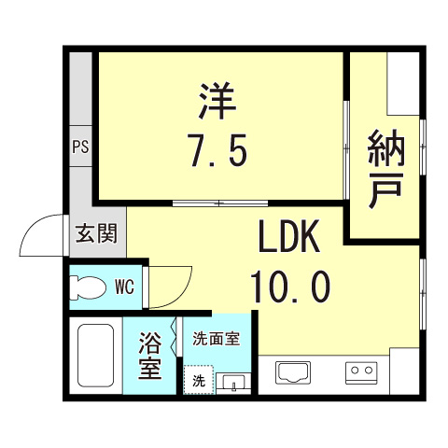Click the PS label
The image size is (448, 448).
coord(79,147)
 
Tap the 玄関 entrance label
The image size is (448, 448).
coord(96,233)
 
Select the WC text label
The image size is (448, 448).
coord(125,287)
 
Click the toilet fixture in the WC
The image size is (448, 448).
coord(90,287)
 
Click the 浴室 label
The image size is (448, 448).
coord(149,357)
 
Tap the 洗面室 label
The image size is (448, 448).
coord(217,339)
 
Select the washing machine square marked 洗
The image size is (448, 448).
coord(198,380)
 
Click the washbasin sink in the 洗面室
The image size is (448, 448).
coord(233,381)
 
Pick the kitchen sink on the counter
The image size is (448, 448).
coord(296,373)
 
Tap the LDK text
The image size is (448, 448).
coord(289,240)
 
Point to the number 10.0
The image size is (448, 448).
coord(289,287)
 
